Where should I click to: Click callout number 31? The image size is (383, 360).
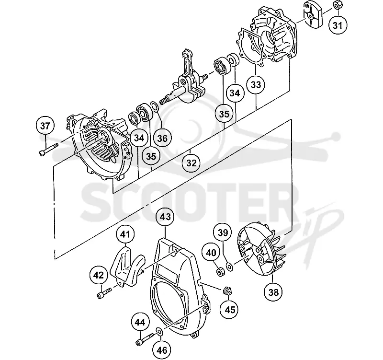(338, 25)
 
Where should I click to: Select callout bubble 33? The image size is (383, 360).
(256, 85)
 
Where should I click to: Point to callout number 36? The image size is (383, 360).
(162, 138)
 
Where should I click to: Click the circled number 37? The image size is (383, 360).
(45, 126)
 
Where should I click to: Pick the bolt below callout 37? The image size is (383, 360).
(48, 150)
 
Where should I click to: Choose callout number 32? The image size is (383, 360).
(191, 163)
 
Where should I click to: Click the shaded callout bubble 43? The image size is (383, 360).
(165, 217)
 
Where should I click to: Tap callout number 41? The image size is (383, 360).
(125, 234)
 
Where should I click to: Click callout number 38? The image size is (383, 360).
(273, 292)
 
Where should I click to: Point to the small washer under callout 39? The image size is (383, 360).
(230, 267)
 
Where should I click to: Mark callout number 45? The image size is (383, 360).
(230, 310)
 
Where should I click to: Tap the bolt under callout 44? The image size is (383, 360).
(145, 340)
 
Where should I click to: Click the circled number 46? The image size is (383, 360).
(162, 350)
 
